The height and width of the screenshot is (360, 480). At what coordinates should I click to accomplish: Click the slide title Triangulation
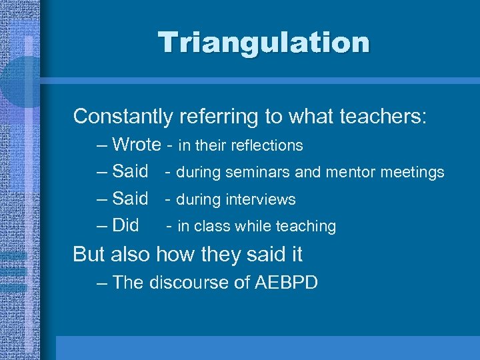(x=263, y=43)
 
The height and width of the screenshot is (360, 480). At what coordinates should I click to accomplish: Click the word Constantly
(x=123, y=117)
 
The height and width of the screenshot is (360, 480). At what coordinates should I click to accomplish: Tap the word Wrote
(x=137, y=145)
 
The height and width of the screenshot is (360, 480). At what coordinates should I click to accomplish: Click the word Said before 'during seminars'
(x=130, y=172)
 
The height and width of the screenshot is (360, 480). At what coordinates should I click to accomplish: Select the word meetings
(x=411, y=173)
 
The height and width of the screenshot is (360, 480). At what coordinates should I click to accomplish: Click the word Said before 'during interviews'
(x=130, y=199)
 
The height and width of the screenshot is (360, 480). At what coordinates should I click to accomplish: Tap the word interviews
(x=261, y=199)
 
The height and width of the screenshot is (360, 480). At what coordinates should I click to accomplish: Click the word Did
(x=125, y=225)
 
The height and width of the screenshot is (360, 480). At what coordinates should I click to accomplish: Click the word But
(x=89, y=254)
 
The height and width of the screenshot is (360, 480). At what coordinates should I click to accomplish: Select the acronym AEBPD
(x=286, y=283)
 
